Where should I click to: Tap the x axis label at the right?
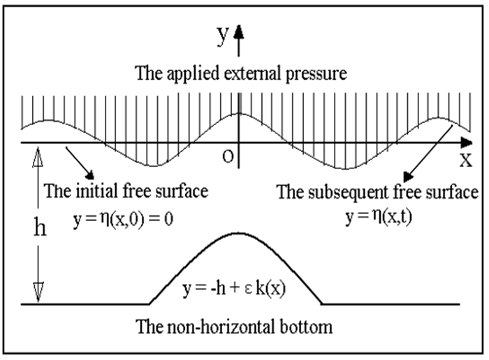point(466,159)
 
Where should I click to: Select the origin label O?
point(226,155)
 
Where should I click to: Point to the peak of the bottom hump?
point(240,232)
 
